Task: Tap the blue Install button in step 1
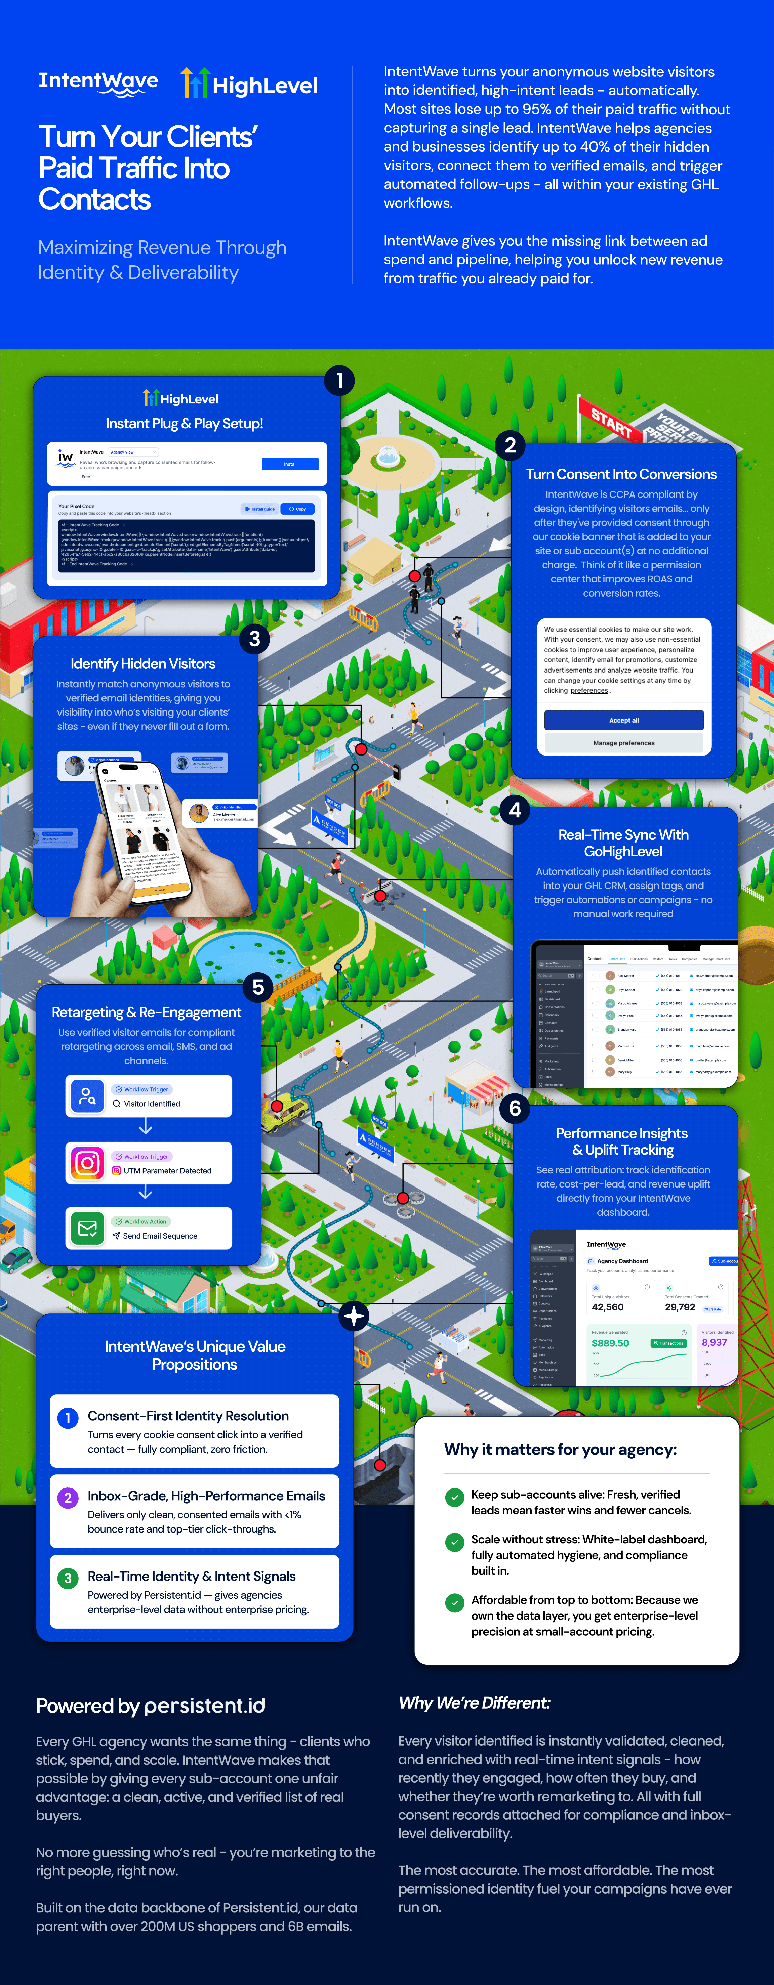pos(290,464)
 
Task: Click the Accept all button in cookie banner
pos(624,720)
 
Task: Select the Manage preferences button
pos(624,743)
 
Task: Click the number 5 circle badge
pos(258,987)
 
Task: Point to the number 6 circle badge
pos(515,1108)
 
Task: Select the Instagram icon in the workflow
pos(87,1162)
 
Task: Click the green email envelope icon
pos(87,1227)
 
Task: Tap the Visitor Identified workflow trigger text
pos(152,1104)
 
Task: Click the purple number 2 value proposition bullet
pos(68,1498)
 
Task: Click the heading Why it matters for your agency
pos(561,1450)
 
